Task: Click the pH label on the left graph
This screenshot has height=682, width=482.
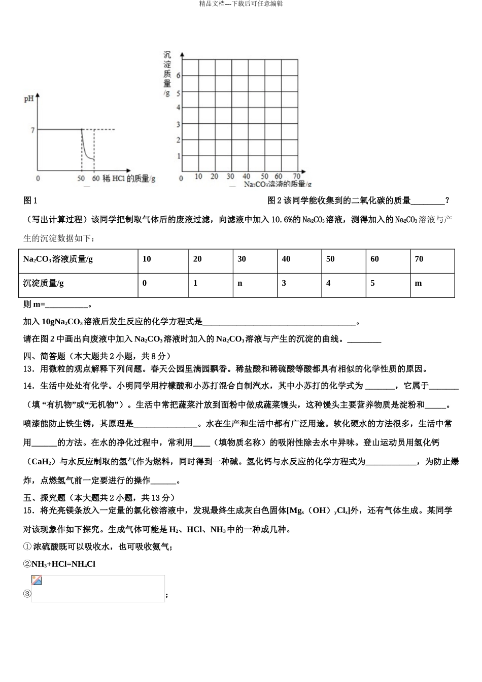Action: (28, 98)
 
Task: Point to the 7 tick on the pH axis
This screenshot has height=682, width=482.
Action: (32, 130)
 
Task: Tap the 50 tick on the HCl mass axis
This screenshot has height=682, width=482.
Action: (81, 179)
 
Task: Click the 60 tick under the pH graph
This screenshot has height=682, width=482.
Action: (96, 179)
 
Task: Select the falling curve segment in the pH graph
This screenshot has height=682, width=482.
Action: (87, 150)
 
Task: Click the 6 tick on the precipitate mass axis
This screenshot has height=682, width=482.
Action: (178, 76)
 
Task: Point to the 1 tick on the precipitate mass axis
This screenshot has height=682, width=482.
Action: (179, 156)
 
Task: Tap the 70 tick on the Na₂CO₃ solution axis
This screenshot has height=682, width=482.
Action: (296, 177)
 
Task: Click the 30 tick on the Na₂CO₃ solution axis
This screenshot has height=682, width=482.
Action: (230, 177)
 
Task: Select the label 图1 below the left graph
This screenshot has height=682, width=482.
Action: (30, 201)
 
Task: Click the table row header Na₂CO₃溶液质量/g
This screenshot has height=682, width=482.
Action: (58, 259)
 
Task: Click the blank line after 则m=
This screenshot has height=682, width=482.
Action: (66, 305)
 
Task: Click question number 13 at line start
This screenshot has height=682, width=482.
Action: (28, 369)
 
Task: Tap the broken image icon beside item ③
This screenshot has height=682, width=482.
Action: (37, 581)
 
